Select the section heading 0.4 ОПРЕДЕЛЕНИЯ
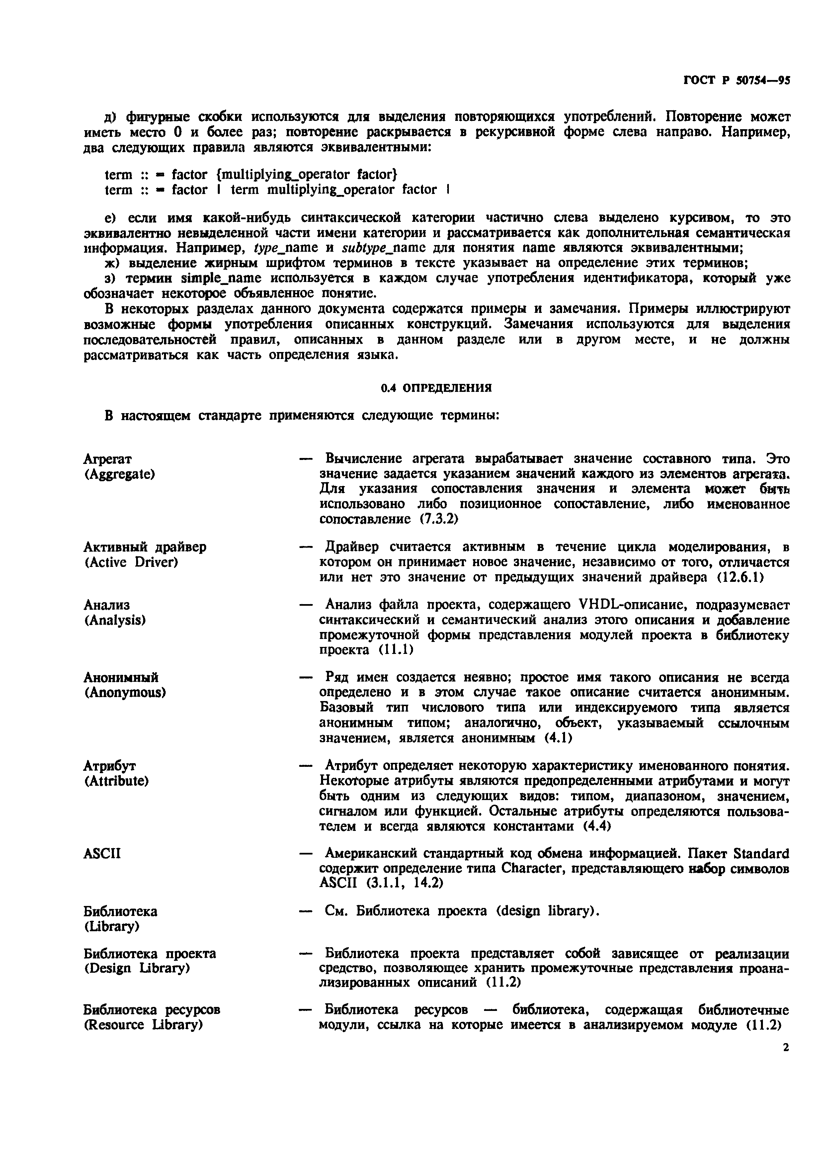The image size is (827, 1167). (437, 388)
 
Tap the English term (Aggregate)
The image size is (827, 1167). (119, 474)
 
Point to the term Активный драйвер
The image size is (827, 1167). (145, 547)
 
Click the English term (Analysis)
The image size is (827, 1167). (115, 620)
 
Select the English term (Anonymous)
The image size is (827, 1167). (125, 693)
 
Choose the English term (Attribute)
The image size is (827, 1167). (117, 781)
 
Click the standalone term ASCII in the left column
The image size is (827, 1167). (102, 853)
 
